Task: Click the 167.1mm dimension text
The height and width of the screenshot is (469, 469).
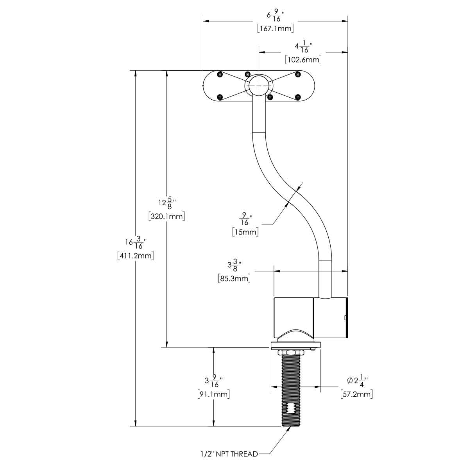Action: [x=276, y=29]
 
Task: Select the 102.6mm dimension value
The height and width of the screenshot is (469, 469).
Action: [x=303, y=59]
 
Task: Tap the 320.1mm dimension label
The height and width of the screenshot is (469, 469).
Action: [x=166, y=216]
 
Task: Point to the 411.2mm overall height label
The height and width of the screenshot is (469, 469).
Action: [x=135, y=256]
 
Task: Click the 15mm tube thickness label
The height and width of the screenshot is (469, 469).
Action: [x=245, y=232]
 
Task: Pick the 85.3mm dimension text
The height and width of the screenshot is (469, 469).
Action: [x=234, y=279]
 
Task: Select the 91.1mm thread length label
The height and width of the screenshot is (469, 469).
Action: [x=213, y=394]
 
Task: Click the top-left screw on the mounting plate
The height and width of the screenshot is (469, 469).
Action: [x=220, y=74]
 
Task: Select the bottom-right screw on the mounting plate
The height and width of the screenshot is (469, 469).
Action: [x=298, y=97]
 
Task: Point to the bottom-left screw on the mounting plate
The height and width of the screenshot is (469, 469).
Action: [x=220, y=97]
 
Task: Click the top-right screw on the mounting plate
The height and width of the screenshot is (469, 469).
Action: [x=298, y=74]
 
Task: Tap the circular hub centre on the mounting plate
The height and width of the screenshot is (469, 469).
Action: [x=258, y=85]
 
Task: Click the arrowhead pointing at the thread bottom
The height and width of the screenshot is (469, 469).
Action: [x=288, y=429]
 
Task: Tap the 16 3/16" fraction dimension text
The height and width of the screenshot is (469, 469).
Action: [x=135, y=243]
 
